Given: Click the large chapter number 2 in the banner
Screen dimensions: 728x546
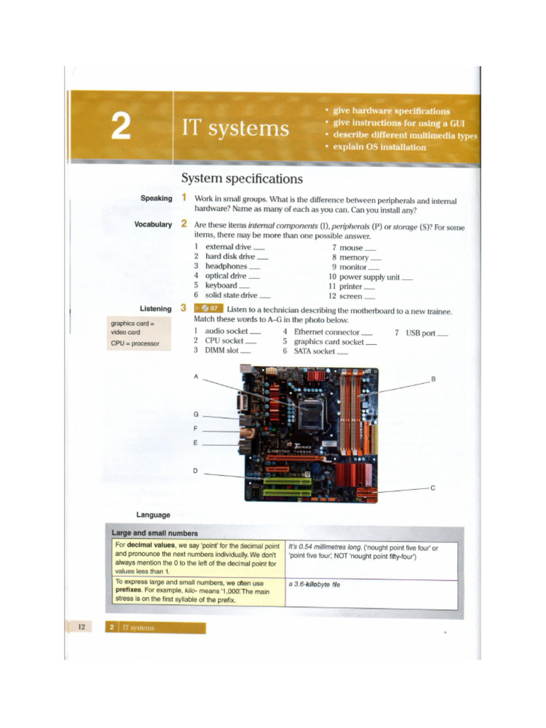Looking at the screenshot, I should coord(120,127).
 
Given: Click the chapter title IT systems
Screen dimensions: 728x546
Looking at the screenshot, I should coord(235,129).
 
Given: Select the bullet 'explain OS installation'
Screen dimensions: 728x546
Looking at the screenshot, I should coord(375,147).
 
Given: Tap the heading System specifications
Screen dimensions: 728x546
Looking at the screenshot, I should coord(242,178).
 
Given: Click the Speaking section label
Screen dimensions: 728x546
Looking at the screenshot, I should coord(156,198).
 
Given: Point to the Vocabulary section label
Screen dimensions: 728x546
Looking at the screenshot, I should coord(153,224).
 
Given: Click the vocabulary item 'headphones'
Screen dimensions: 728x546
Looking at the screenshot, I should coord(226,266).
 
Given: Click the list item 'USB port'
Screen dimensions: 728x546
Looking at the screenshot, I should coord(420,333).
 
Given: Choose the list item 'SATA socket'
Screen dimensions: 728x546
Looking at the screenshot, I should coord(314,351).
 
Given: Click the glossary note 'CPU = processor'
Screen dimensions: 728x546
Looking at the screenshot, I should coord(135,343).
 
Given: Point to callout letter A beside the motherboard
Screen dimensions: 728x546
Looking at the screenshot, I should coord(196,377).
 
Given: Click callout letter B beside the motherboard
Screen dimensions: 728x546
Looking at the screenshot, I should coord(433,380).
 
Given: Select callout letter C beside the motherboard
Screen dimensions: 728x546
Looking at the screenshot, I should coord(433,488).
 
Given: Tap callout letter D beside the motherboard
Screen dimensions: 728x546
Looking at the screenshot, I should coord(196,471).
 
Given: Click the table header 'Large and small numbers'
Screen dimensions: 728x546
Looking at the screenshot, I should coord(155,532).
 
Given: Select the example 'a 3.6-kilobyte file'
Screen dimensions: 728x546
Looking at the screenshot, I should coord(314,584).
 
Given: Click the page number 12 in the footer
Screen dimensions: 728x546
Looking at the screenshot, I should coord(81,626).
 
